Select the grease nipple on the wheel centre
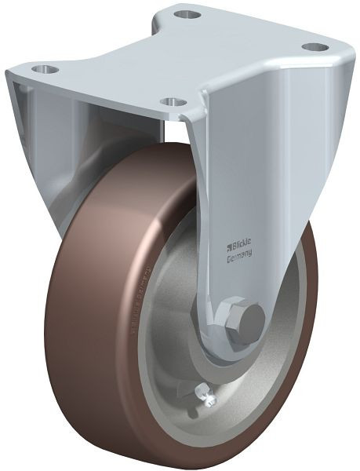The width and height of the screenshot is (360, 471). tap(209, 400)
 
